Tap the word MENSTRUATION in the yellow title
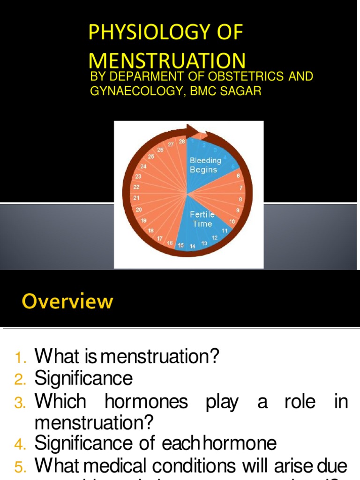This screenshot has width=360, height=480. click(x=167, y=61)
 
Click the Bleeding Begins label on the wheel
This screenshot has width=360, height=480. click(x=205, y=165)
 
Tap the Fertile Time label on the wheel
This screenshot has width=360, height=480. click(x=202, y=219)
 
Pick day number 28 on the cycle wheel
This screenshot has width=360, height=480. click(x=182, y=141)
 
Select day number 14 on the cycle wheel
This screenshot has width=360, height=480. click(x=192, y=246)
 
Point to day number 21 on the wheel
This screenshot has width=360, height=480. click(x=136, y=198)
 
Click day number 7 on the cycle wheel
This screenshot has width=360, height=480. click(x=241, y=188)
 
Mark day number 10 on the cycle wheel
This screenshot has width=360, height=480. click(x=232, y=221)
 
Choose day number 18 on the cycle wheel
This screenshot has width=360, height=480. click(x=151, y=231)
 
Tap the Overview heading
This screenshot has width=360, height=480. click(x=67, y=301)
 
